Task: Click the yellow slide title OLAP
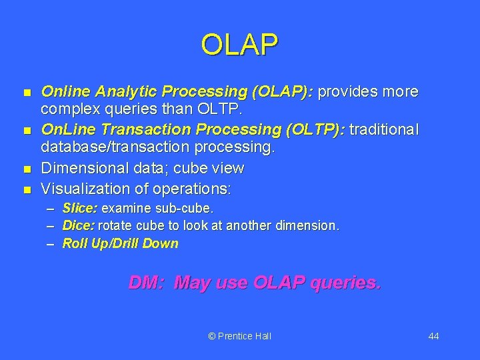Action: pyautogui.click(x=239, y=45)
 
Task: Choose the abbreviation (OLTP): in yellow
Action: pyautogui.click(x=312, y=129)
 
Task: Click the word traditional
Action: pyautogui.click(x=384, y=129)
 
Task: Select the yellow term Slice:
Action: pyautogui.click(x=80, y=209)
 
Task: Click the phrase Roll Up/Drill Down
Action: pyautogui.click(x=120, y=243)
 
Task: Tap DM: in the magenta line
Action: pyautogui.click(x=147, y=283)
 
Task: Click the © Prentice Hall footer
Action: pyautogui.click(x=239, y=336)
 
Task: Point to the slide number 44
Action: pyautogui.click(x=433, y=336)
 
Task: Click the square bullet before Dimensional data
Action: pyautogui.click(x=26, y=167)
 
